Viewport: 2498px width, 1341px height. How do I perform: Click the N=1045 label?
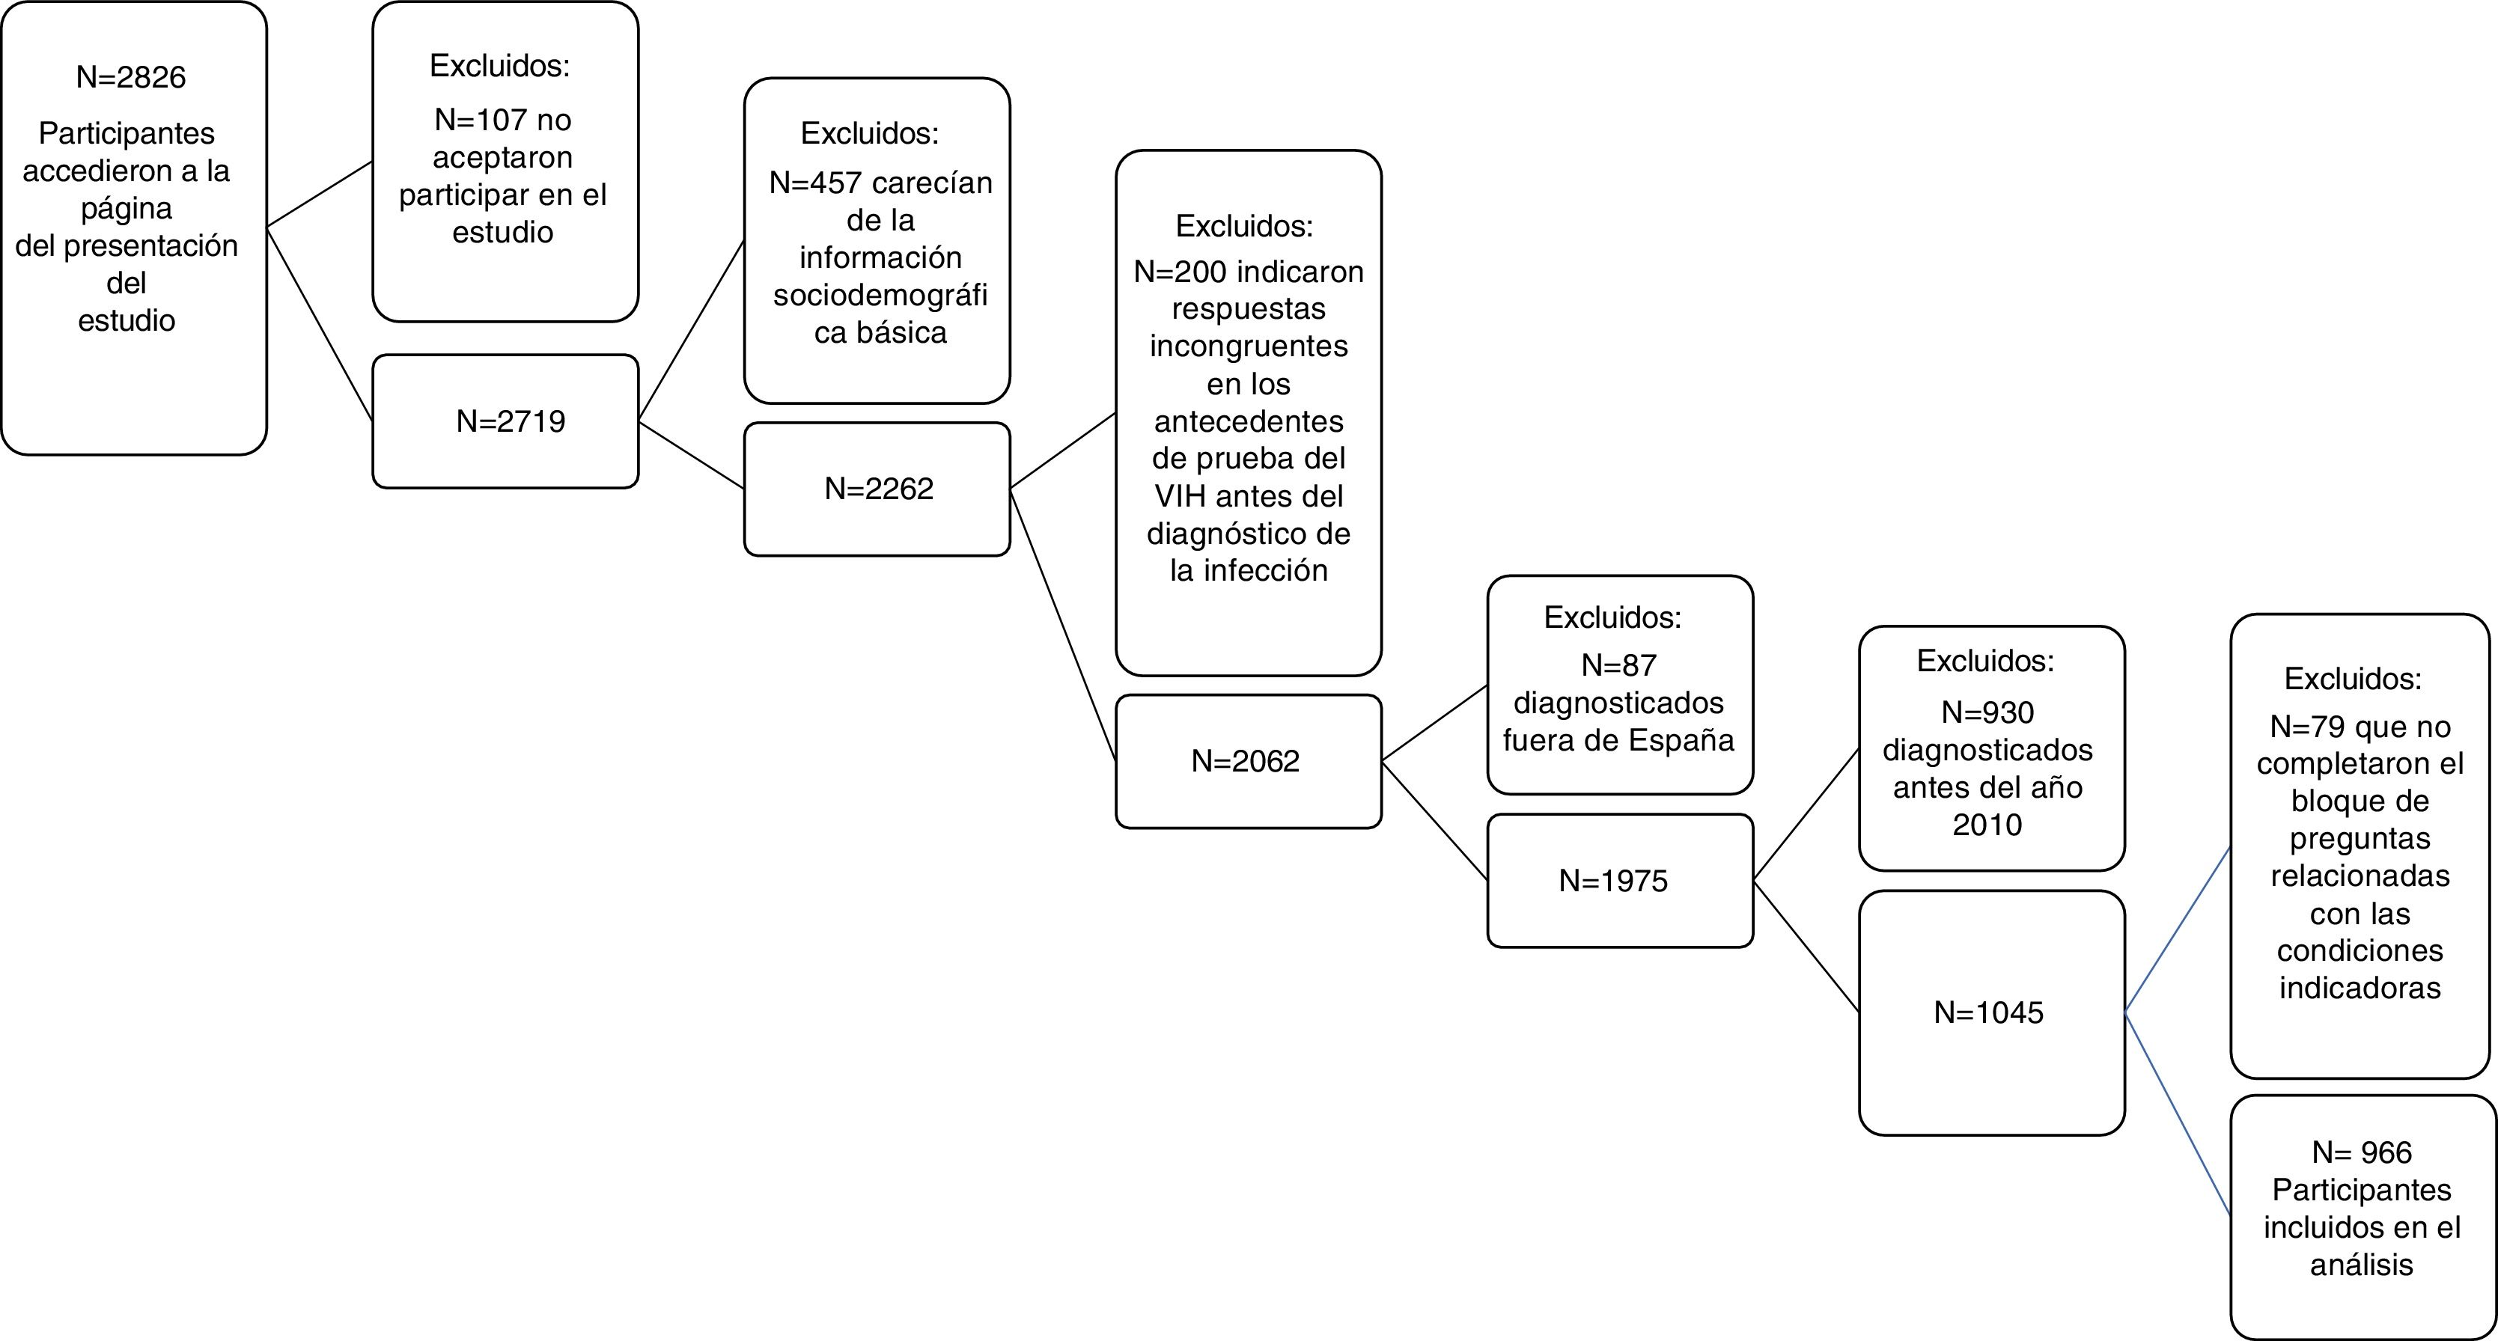pyautogui.click(x=1989, y=1012)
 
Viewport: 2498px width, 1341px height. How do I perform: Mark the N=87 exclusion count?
pyautogui.click(x=1618, y=665)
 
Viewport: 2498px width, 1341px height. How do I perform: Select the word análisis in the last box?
pyautogui.click(x=2361, y=1265)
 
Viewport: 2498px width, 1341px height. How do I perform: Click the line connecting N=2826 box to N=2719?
pyautogui.click(x=320, y=324)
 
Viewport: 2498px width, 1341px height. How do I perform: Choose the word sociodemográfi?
pyautogui.click(x=880, y=295)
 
